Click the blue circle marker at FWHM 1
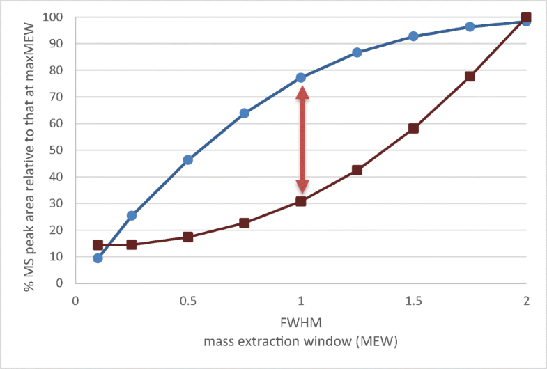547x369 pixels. pos(301,78)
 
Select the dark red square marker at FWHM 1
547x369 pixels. pos(301,201)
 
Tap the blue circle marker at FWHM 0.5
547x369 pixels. pos(188,160)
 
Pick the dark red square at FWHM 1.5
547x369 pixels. pos(413,128)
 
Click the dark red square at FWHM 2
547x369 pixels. pos(526,17)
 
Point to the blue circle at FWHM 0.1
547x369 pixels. pos(98,258)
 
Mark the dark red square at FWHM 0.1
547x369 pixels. pos(98,245)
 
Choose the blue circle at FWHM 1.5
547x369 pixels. pos(413,36)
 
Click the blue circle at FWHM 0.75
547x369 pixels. pos(245,113)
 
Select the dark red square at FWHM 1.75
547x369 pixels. pos(470,77)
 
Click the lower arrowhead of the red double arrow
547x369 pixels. pos(302,186)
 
